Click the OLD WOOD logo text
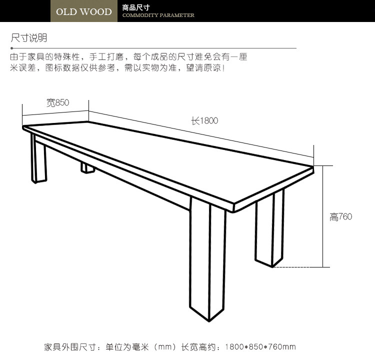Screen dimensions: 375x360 [83, 11]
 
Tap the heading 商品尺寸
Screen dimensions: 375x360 [135, 7]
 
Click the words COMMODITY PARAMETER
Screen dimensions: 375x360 [158, 15]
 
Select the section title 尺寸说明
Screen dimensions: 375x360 [29, 38]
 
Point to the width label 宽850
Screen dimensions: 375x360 [57, 103]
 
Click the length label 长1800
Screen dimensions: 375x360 [204, 120]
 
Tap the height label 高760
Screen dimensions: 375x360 [340, 216]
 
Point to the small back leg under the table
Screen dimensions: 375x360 [88, 168]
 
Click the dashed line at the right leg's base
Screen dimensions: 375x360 [298, 267]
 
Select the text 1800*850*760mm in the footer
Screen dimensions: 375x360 [260, 346]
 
